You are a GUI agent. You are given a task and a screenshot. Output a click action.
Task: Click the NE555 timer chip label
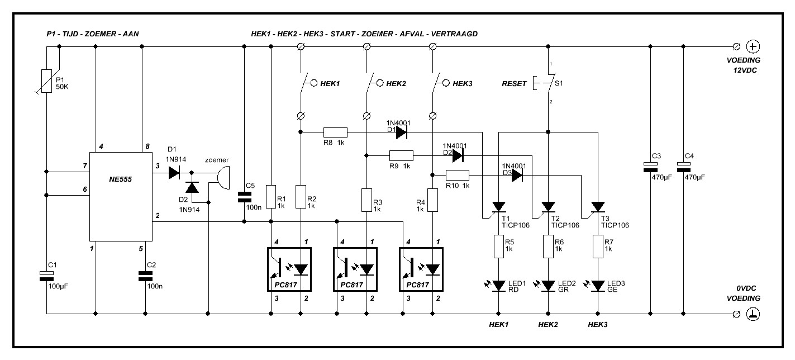point(120,179)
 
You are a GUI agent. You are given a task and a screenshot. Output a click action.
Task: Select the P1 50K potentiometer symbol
point(46,81)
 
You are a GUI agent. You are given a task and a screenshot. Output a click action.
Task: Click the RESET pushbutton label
point(514,84)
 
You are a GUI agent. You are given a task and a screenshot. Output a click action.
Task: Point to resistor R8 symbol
point(335,132)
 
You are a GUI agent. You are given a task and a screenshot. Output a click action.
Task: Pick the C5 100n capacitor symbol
point(244,197)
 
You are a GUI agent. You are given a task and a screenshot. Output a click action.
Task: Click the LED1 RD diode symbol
point(498,286)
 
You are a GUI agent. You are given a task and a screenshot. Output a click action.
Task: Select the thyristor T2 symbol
point(546,210)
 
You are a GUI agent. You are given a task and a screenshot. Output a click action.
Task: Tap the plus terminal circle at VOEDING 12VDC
point(753,46)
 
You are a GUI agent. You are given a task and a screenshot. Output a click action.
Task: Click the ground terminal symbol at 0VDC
point(753,314)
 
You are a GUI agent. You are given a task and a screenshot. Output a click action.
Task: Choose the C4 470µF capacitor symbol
point(684,167)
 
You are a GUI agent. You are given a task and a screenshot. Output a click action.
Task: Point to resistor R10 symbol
point(458,175)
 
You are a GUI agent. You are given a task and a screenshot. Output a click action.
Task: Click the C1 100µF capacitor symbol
point(46,276)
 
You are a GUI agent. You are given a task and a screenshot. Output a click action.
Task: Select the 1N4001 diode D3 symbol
point(517,175)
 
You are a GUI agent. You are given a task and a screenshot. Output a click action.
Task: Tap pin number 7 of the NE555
point(85,166)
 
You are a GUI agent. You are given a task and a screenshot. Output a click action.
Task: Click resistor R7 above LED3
point(598,247)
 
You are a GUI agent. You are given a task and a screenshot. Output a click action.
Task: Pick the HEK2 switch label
point(396,84)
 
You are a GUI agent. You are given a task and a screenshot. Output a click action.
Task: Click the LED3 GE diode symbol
point(598,286)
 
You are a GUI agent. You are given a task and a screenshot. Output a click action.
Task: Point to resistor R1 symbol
point(271,197)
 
